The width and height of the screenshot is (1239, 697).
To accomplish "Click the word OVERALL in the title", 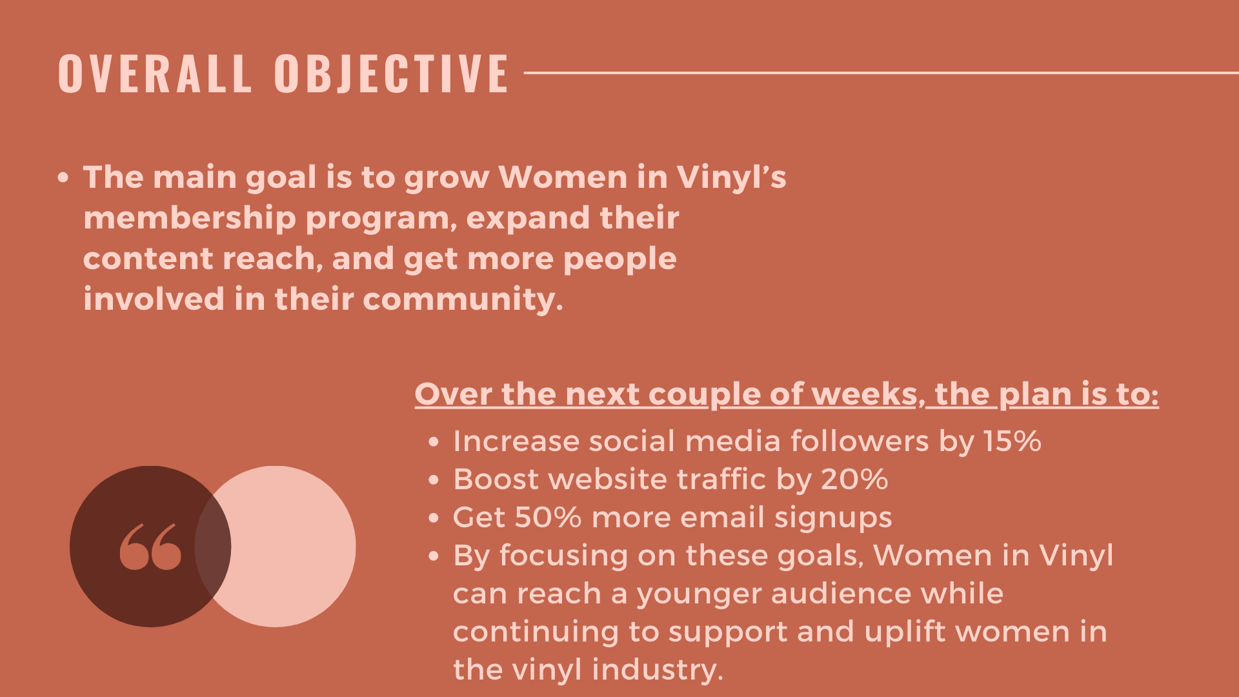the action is pyautogui.click(x=155, y=73).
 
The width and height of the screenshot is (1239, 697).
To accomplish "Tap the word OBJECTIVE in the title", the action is pyautogui.click(x=392, y=73).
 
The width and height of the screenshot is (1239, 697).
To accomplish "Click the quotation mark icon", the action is pyautogui.click(x=150, y=547).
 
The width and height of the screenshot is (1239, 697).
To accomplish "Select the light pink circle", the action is pyautogui.click(x=276, y=546).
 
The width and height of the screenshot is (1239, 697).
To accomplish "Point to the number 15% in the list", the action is pyautogui.click(x=1012, y=441).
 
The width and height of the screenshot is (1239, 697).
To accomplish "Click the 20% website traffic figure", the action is pyautogui.click(x=854, y=480).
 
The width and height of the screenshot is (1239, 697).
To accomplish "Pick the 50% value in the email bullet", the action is pyautogui.click(x=548, y=518).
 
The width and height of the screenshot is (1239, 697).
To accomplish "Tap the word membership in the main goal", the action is pyautogui.click(x=190, y=219).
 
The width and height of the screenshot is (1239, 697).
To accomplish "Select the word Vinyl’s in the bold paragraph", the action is pyautogui.click(x=731, y=178).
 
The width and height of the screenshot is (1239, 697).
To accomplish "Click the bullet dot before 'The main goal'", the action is pyautogui.click(x=63, y=177).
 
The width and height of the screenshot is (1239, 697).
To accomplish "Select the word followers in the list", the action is pyautogui.click(x=860, y=441).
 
